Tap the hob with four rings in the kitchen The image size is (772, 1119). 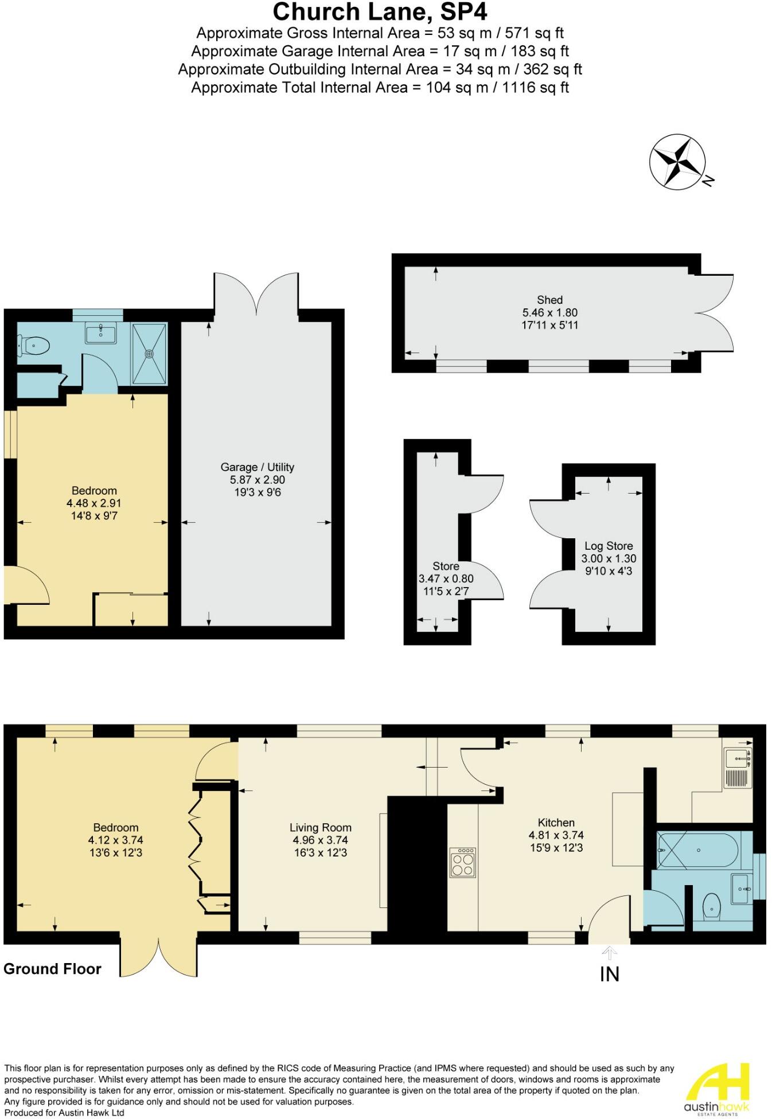coord(463,862)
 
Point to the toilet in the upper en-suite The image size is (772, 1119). coord(35,345)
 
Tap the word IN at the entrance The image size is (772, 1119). coord(610,974)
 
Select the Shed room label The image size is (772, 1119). coord(549,300)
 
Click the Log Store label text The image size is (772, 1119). coord(609,546)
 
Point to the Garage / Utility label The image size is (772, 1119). coord(258,467)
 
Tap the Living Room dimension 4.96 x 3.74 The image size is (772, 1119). coord(320,840)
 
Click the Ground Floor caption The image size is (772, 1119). coord(52,969)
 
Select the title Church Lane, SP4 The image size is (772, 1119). coord(380,12)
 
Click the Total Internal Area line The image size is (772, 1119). coord(380,88)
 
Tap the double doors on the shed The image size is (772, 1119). coord(716,313)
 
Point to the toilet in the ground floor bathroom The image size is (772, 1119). coord(711,906)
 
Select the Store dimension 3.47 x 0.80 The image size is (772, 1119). coord(446,578)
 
